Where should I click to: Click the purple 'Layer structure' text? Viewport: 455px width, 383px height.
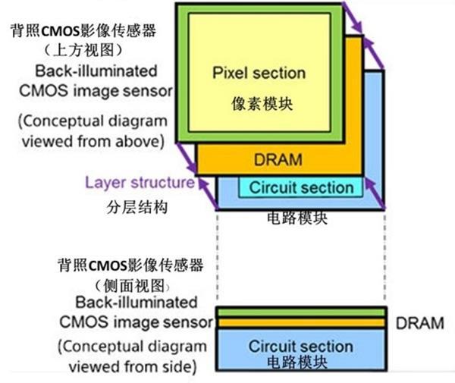coord(140,183)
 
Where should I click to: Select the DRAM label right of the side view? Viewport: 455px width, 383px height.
coord(419,323)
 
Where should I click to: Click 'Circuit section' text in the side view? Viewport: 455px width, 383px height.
coord(301,346)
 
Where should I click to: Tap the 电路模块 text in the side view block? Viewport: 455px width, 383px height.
coord(301,362)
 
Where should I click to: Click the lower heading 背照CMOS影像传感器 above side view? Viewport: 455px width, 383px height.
coord(131,265)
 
